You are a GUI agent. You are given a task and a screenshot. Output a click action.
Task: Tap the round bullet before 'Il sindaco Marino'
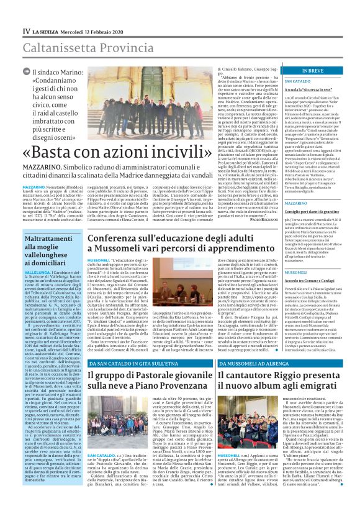[x=27, y=73]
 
